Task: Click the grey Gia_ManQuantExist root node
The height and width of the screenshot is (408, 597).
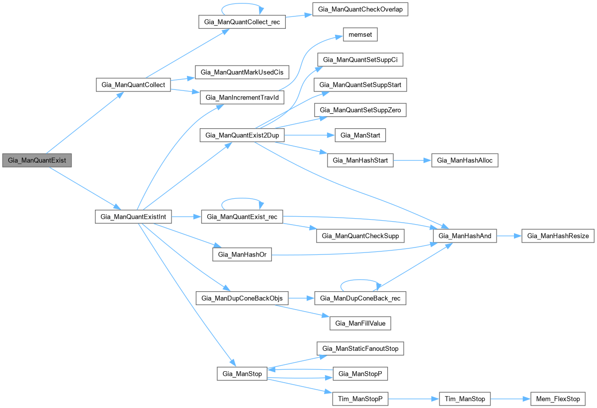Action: [x=37, y=161]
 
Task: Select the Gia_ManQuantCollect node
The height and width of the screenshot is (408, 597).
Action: [x=133, y=84]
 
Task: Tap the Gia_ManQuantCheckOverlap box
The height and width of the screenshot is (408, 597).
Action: [x=360, y=10]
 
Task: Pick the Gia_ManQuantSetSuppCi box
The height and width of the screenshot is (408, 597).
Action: [x=360, y=60]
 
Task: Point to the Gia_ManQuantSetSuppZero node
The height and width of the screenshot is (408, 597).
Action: [x=360, y=110]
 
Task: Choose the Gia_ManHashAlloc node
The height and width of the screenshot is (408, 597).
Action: [x=465, y=160]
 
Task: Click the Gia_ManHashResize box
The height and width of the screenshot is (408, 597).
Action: [x=558, y=236]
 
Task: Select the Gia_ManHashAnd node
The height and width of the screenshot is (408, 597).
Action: [x=465, y=236]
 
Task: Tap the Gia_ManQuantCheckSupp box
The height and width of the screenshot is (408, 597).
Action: [x=360, y=236]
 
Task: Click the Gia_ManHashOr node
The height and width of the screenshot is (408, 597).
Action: [x=242, y=254]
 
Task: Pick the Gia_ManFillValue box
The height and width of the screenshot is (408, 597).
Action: [x=360, y=324]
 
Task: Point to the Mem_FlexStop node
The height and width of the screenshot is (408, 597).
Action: [x=558, y=399]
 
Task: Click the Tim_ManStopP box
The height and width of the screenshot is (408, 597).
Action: [x=360, y=399]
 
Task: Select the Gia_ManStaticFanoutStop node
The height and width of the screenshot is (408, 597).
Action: [x=360, y=348]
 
